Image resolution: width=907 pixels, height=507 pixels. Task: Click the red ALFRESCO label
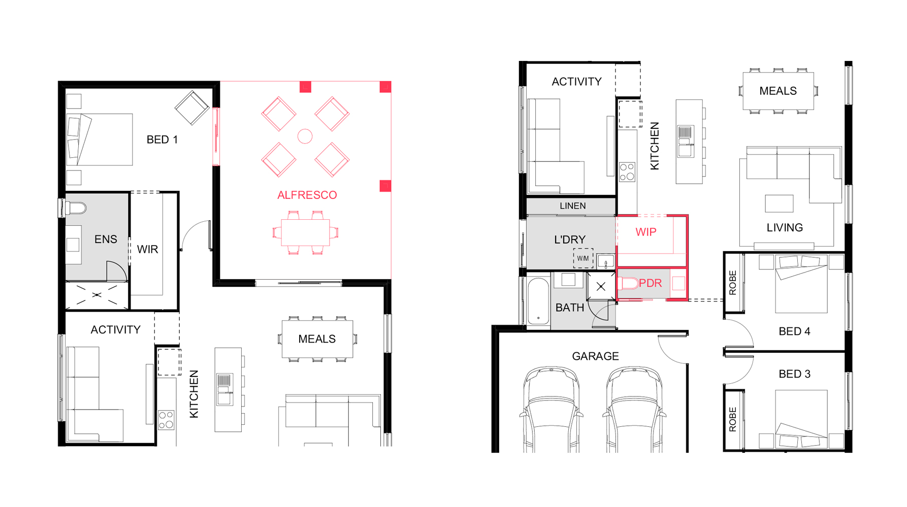[x=307, y=195]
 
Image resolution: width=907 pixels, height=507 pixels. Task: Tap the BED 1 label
[x=162, y=140]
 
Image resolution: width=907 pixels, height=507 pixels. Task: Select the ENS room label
[x=106, y=240]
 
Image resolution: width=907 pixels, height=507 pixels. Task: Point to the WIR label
[x=147, y=250]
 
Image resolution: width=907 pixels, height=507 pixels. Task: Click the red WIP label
[x=645, y=232]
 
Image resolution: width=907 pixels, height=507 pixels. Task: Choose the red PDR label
[x=651, y=283]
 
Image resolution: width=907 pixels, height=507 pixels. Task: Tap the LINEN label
[x=572, y=206]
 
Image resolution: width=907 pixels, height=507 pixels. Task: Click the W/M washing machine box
[x=583, y=258]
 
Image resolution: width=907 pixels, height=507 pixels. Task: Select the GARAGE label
[x=595, y=356]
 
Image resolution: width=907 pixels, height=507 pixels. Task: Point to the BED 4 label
[x=794, y=331]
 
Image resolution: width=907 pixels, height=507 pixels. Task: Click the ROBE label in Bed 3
[x=732, y=419]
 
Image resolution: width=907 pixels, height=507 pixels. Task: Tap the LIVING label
[x=785, y=228]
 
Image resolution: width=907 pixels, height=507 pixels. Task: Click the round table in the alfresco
[x=305, y=136]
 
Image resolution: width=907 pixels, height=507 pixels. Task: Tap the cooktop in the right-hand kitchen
[x=627, y=172]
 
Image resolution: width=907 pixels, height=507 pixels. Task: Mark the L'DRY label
[x=569, y=240]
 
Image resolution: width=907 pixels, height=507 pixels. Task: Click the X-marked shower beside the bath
[x=601, y=287]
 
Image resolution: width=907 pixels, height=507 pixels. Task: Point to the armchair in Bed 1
[x=192, y=108]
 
